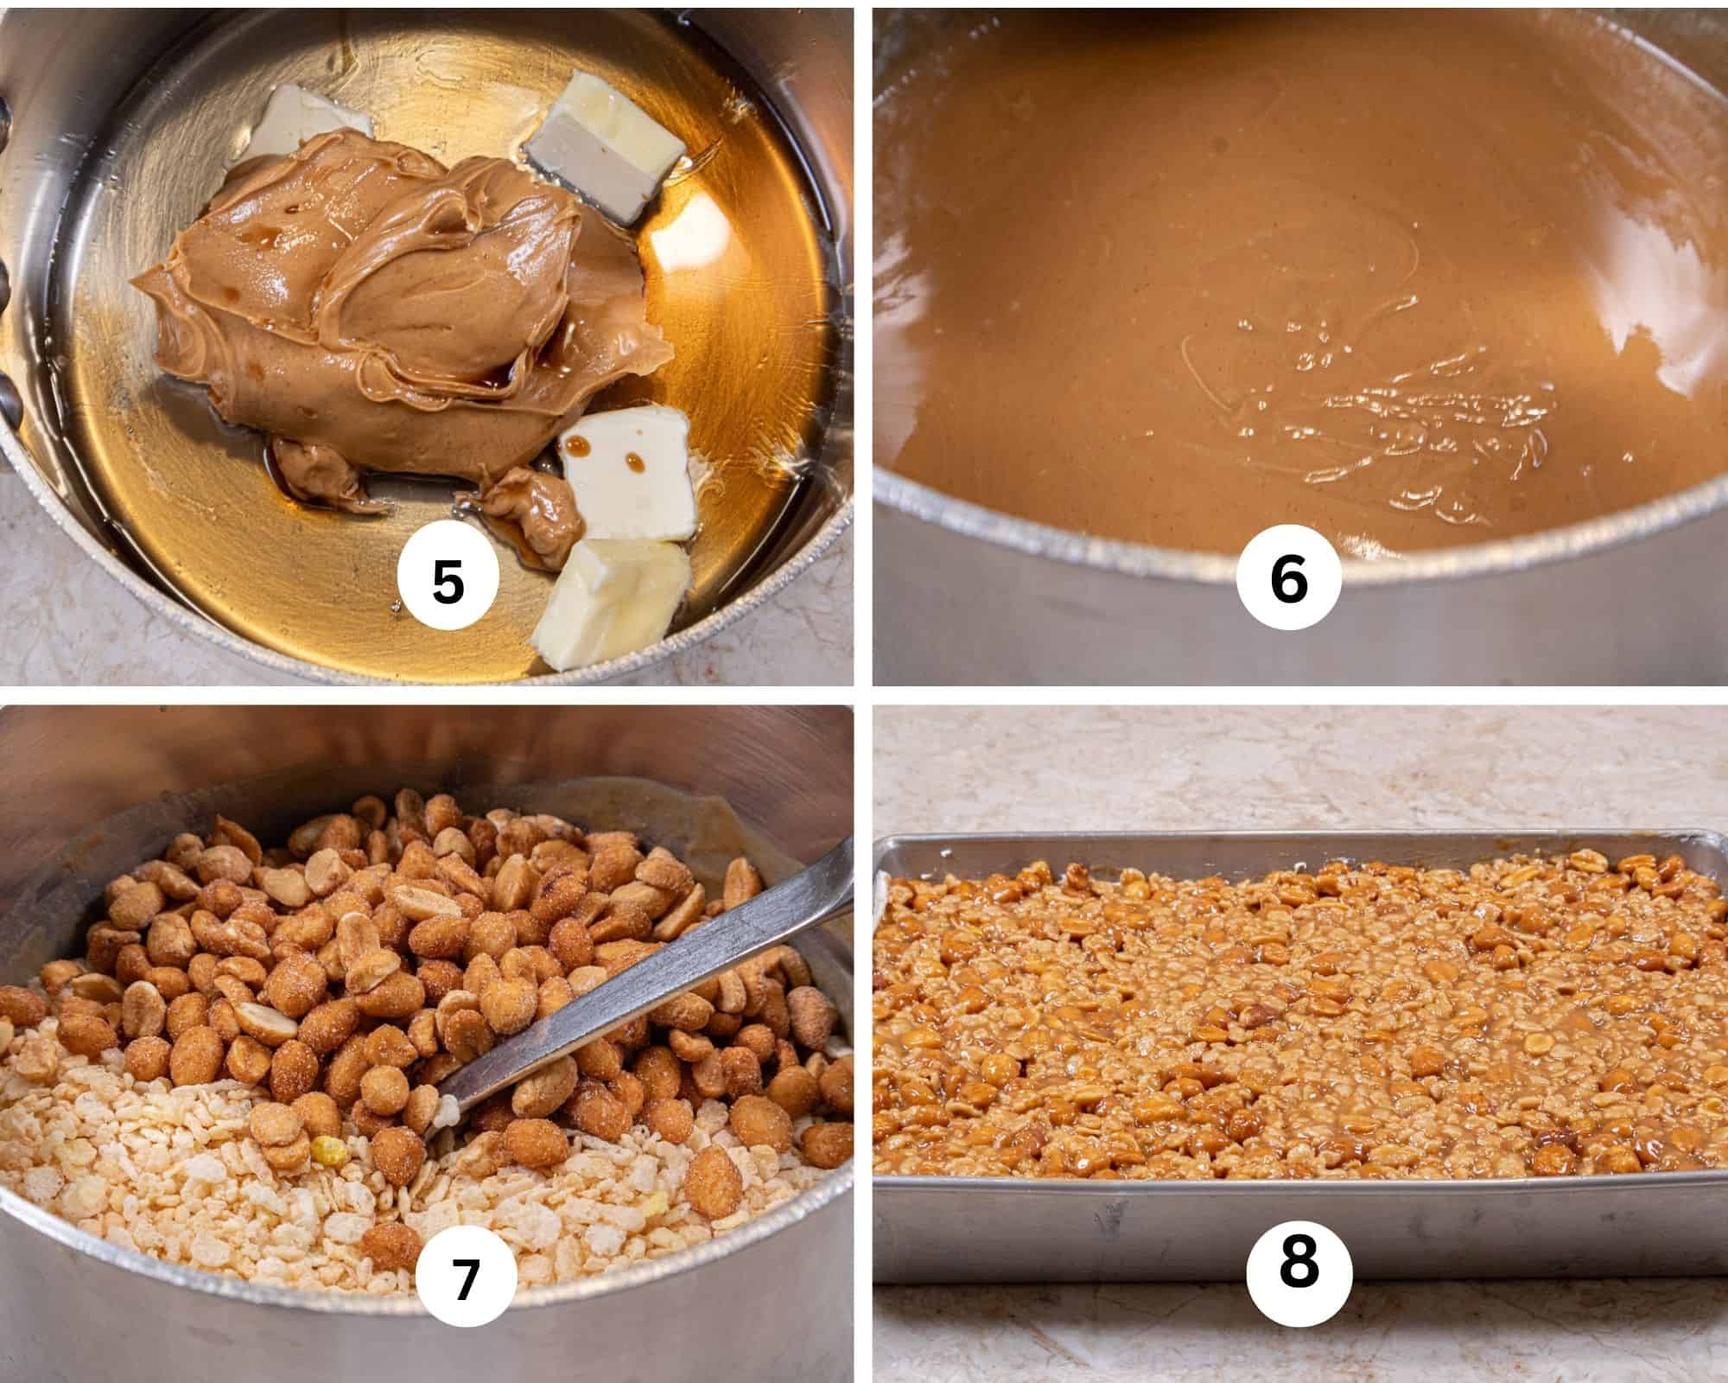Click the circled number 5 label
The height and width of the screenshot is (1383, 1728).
(448, 582)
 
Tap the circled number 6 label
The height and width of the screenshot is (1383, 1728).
(1288, 580)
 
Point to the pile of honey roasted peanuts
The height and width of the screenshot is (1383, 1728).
(432, 925)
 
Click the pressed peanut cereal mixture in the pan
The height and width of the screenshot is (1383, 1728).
(1296, 994)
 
